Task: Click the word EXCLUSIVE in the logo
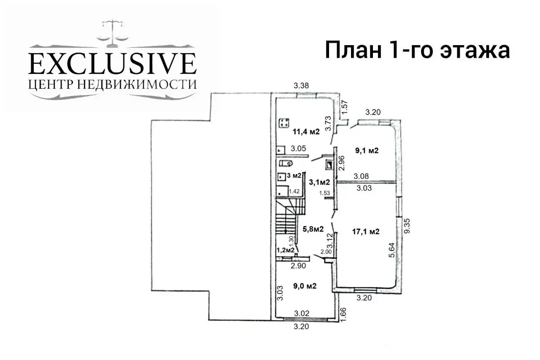112,64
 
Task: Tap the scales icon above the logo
112,32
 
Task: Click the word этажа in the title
475,51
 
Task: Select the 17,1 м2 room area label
366,231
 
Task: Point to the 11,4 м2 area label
306,131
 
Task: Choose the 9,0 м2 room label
305,286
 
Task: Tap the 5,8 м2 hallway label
313,229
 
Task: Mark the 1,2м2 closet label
285,250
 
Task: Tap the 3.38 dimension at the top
302,86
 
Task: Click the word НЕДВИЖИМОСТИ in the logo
138,84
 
